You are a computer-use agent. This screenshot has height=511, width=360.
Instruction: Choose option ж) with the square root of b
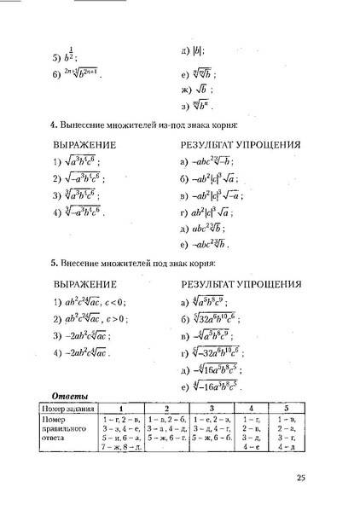[x=197, y=90]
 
